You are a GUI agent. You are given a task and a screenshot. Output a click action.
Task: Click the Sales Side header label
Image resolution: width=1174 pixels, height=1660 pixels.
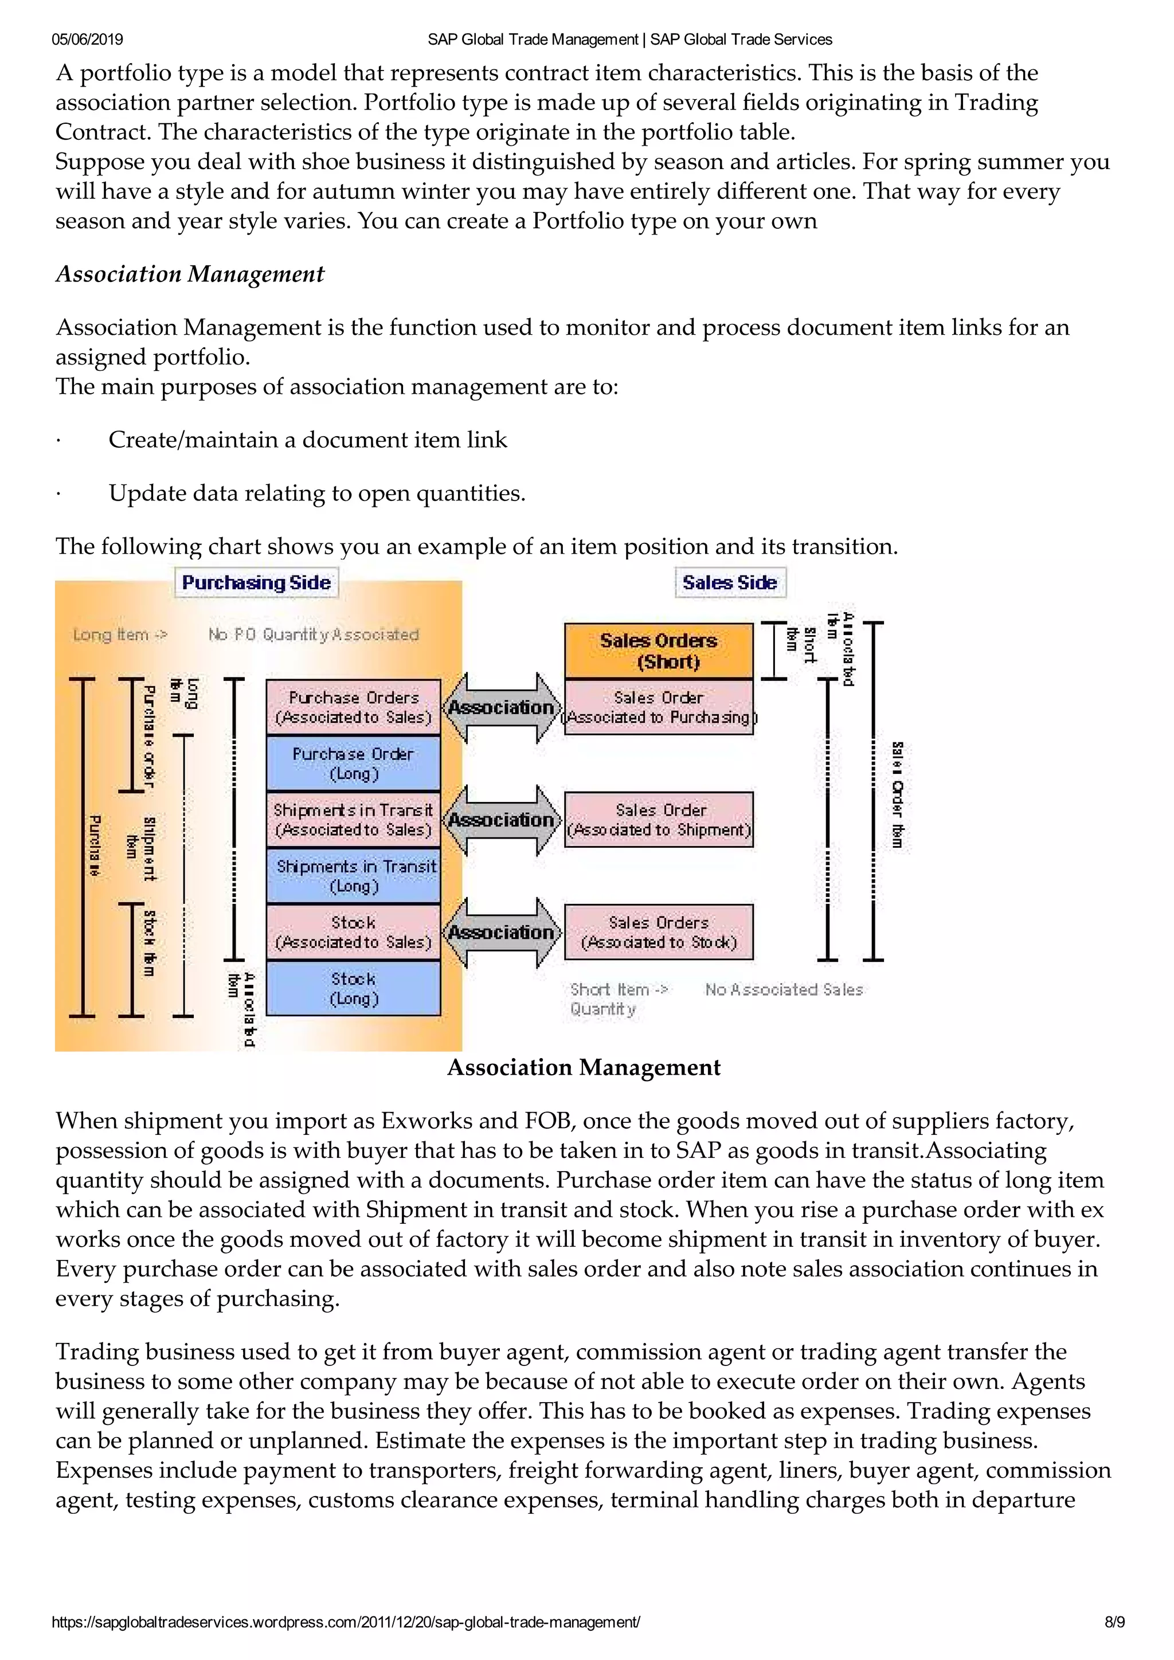click(x=729, y=583)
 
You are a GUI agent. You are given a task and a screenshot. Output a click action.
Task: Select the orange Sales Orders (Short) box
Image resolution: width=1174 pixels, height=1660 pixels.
click(x=659, y=651)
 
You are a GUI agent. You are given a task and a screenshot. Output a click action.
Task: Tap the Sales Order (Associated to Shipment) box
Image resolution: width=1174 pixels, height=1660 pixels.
click(x=659, y=820)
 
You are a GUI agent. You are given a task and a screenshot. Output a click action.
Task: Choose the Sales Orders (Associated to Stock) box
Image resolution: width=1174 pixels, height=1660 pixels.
click(x=659, y=932)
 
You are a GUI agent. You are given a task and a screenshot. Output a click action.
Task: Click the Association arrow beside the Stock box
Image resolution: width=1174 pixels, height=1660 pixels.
click(x=501, y=933)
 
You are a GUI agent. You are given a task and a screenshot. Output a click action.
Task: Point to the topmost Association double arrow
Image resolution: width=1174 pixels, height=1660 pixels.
click(x=501, y=707)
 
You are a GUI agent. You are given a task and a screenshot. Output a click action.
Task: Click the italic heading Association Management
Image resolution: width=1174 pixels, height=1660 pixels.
click(x=190, y=274)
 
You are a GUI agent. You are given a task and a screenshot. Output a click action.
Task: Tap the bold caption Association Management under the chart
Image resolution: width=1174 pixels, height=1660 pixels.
click(x=584, y=1068)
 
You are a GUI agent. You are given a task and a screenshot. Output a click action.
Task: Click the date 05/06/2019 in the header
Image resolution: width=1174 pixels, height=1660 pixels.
click(x=87, y=40)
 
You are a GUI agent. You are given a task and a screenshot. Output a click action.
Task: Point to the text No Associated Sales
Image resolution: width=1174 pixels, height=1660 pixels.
click(x=784, y=989)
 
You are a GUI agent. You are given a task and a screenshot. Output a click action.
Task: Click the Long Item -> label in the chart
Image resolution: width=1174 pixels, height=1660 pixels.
click(x=120, y=635)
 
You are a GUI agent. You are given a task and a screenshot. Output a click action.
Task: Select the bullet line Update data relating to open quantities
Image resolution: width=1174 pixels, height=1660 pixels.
click(x=316, y=493)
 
